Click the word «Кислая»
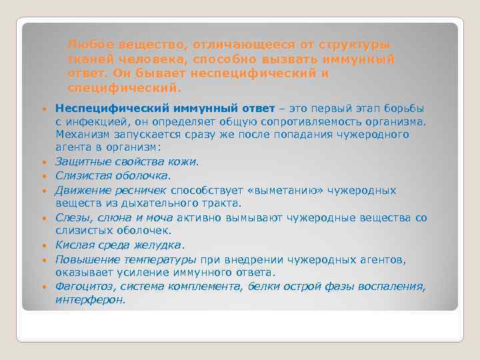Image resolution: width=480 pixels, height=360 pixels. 74,245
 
